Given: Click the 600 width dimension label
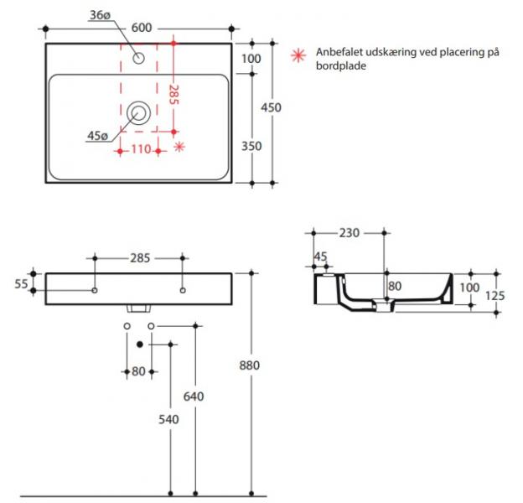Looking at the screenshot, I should [142, 28].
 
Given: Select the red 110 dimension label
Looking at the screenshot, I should [139, 150].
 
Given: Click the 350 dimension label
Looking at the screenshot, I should [251, 146].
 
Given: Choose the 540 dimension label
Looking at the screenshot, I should [169, 418].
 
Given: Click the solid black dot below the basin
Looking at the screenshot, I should [140, 344].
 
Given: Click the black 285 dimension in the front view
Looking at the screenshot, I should [140, 258].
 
